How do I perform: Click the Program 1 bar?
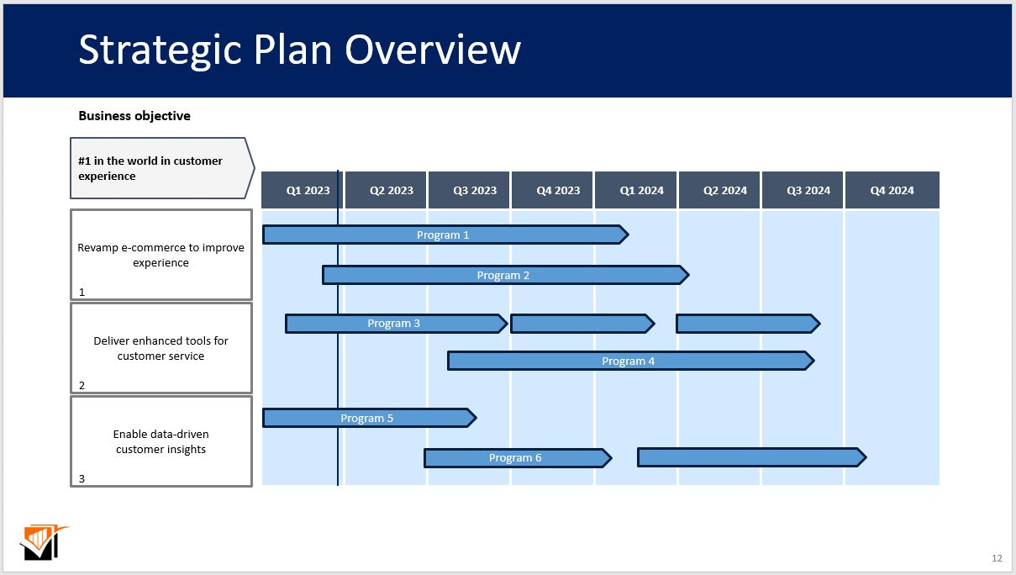click(444, 235)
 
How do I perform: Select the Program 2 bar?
click(503, 275)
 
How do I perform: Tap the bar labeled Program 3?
click(394, 324)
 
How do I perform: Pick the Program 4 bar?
click(629, 361)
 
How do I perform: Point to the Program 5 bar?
click(367, 418)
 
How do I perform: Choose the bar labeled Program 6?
click(515, 458)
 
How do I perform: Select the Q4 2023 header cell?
click(558, 191)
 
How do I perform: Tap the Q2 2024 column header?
click(724, 191)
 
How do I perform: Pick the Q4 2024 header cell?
click(892, 191)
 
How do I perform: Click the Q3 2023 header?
click(475, 191)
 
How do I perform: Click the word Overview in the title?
click(433, 50)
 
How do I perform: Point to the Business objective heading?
click(134, 116)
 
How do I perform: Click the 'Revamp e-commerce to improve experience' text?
click(161, 255)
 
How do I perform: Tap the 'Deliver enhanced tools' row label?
click(161, 348)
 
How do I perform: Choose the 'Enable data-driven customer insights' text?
click(161, 441)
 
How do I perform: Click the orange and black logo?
click(42, 542)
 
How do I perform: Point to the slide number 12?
click(997, 558)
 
